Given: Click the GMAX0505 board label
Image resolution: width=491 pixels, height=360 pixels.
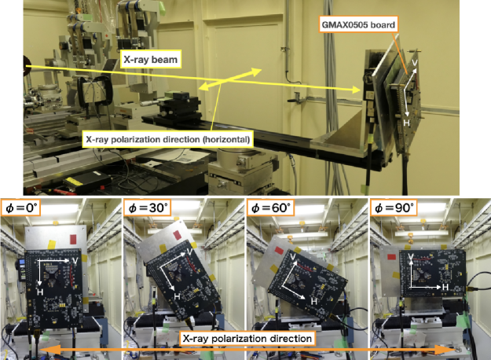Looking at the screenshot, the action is click(x=358, y=24).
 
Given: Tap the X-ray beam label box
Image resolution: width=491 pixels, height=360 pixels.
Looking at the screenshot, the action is click(x=151, y=60).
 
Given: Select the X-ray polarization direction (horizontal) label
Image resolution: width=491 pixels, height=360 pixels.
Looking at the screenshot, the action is click(x=168, y=139).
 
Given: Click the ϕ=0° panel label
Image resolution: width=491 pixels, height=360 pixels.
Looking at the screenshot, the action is click(x=21, y=208).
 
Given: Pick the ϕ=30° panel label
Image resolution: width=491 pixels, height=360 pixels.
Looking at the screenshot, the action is click(x=147, y=208).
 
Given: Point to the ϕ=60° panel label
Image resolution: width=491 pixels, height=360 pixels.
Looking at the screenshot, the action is click(x=270, y=208).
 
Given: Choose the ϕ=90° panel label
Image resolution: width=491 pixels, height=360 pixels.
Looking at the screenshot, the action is click(x=394, y=208).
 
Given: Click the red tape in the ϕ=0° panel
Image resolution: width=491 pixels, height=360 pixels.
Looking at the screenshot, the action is click(x=73, y=239).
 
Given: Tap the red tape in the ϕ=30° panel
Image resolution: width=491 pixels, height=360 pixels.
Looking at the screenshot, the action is click(x=177, y=235).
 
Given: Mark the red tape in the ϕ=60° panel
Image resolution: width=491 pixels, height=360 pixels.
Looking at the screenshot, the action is click(x=279, y=250).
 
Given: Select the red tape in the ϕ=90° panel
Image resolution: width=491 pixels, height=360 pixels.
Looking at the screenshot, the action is click(x=391, y=257).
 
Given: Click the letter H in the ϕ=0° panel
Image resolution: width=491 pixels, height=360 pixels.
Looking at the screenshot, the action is click(x=40, y=292).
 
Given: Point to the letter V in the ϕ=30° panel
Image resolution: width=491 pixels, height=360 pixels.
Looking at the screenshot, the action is click(x=189, y=252).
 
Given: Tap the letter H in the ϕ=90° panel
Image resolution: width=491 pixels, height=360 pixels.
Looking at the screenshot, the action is click(x=445, y=287).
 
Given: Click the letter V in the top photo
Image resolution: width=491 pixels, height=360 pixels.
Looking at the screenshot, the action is click(x=415, y=63).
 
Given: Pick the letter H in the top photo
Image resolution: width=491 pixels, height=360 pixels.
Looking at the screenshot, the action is click(x=406, y=123).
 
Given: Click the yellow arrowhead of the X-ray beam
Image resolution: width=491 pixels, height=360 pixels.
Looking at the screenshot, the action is click(x=356, y=90).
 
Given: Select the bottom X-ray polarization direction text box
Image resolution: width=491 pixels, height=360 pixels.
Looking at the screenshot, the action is click(x=247, y=339).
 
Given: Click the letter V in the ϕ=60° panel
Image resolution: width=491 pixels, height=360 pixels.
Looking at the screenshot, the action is click(x=293, y=257).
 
